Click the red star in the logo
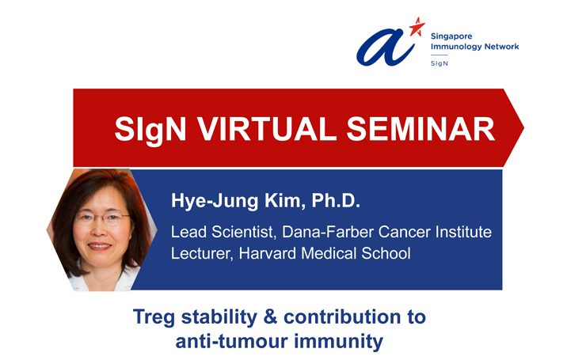[417, 28]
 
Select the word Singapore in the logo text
[451, 36]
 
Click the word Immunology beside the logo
[455, 46]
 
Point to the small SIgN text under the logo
[440, 63]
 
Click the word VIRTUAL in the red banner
[267, 129]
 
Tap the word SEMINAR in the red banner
[420, 129]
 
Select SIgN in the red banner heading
[150, 130]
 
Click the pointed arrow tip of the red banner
[523, 127]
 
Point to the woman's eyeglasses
[103, 218]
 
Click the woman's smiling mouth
[99, 246]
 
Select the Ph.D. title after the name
[336, 200]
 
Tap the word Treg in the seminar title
[154, 317]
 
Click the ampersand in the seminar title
[271, 317]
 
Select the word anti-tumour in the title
[232, 341]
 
